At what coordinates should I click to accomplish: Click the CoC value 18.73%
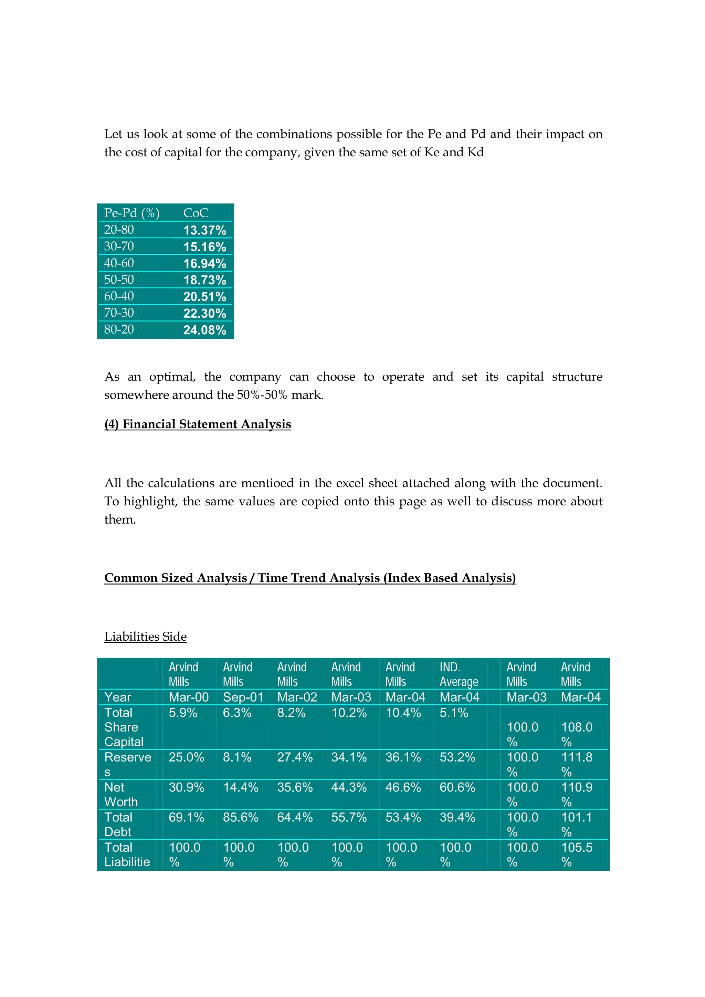click(204, 280)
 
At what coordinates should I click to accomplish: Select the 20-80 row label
click(119, 230)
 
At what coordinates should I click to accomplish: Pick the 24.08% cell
click(204, 330)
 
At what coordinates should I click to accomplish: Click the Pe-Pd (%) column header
click(131, 213)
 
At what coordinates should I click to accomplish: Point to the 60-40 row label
click(119, 296)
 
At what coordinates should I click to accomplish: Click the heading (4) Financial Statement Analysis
click(198, 424)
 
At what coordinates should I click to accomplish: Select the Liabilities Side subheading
click(145, 636)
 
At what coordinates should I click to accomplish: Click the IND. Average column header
click(459, 674)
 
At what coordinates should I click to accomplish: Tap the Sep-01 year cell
click(243, 697)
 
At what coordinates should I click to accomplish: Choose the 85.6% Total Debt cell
click(241, 817)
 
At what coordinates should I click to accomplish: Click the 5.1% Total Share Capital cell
click(454, 713)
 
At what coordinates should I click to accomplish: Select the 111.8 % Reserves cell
click(577, 764)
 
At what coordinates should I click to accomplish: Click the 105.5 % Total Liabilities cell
click(577, 854)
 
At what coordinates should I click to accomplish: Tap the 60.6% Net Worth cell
click(457, 787)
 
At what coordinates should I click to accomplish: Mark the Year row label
click(118, 697)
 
